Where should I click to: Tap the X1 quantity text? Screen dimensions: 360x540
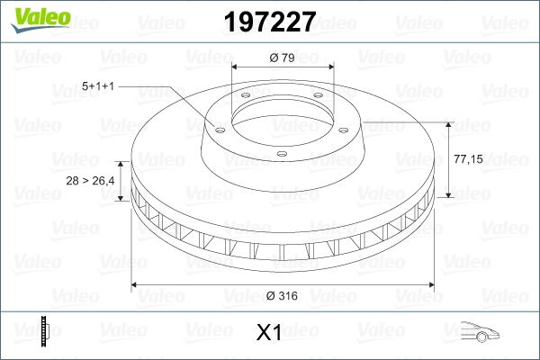click(269, 333)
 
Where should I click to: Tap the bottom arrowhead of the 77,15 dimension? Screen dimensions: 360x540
click(447, 195)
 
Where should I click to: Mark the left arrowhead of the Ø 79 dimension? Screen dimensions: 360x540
click(235, 67)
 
